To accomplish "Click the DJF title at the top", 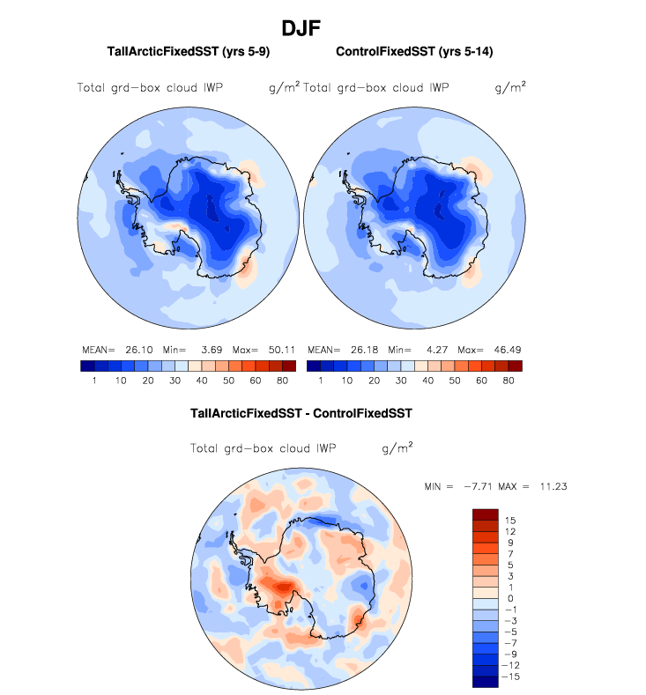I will point(301,28).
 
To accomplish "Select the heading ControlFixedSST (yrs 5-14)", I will point(414,52).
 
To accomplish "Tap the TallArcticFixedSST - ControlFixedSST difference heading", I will point(301,412).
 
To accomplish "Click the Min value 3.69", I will point(207,350).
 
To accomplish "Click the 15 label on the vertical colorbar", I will point(509,521).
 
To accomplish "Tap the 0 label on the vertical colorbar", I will point(509,599).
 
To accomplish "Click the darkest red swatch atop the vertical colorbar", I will point(486,514).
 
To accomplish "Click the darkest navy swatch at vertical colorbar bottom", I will point(486,681).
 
